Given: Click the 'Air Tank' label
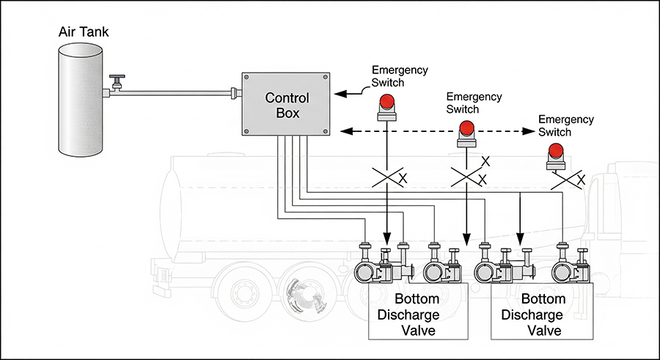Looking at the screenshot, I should tap(84, 32).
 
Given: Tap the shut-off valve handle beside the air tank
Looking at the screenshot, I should tap(117, 78).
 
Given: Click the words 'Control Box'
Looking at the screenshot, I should tap(287, 106).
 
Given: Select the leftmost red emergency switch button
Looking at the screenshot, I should tap(386, 102).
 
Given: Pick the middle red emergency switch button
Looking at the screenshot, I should tap(467, 129).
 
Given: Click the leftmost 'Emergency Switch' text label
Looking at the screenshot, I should tap(399, 76).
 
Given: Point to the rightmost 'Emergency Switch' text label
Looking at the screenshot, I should tap(565, 125).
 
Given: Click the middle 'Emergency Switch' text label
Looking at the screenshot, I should tap(474, 103).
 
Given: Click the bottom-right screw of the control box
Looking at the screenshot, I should tap(326, 132).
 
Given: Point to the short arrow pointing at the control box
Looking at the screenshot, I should tap(348, 93).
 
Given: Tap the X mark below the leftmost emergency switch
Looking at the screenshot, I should tap(401, 178).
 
